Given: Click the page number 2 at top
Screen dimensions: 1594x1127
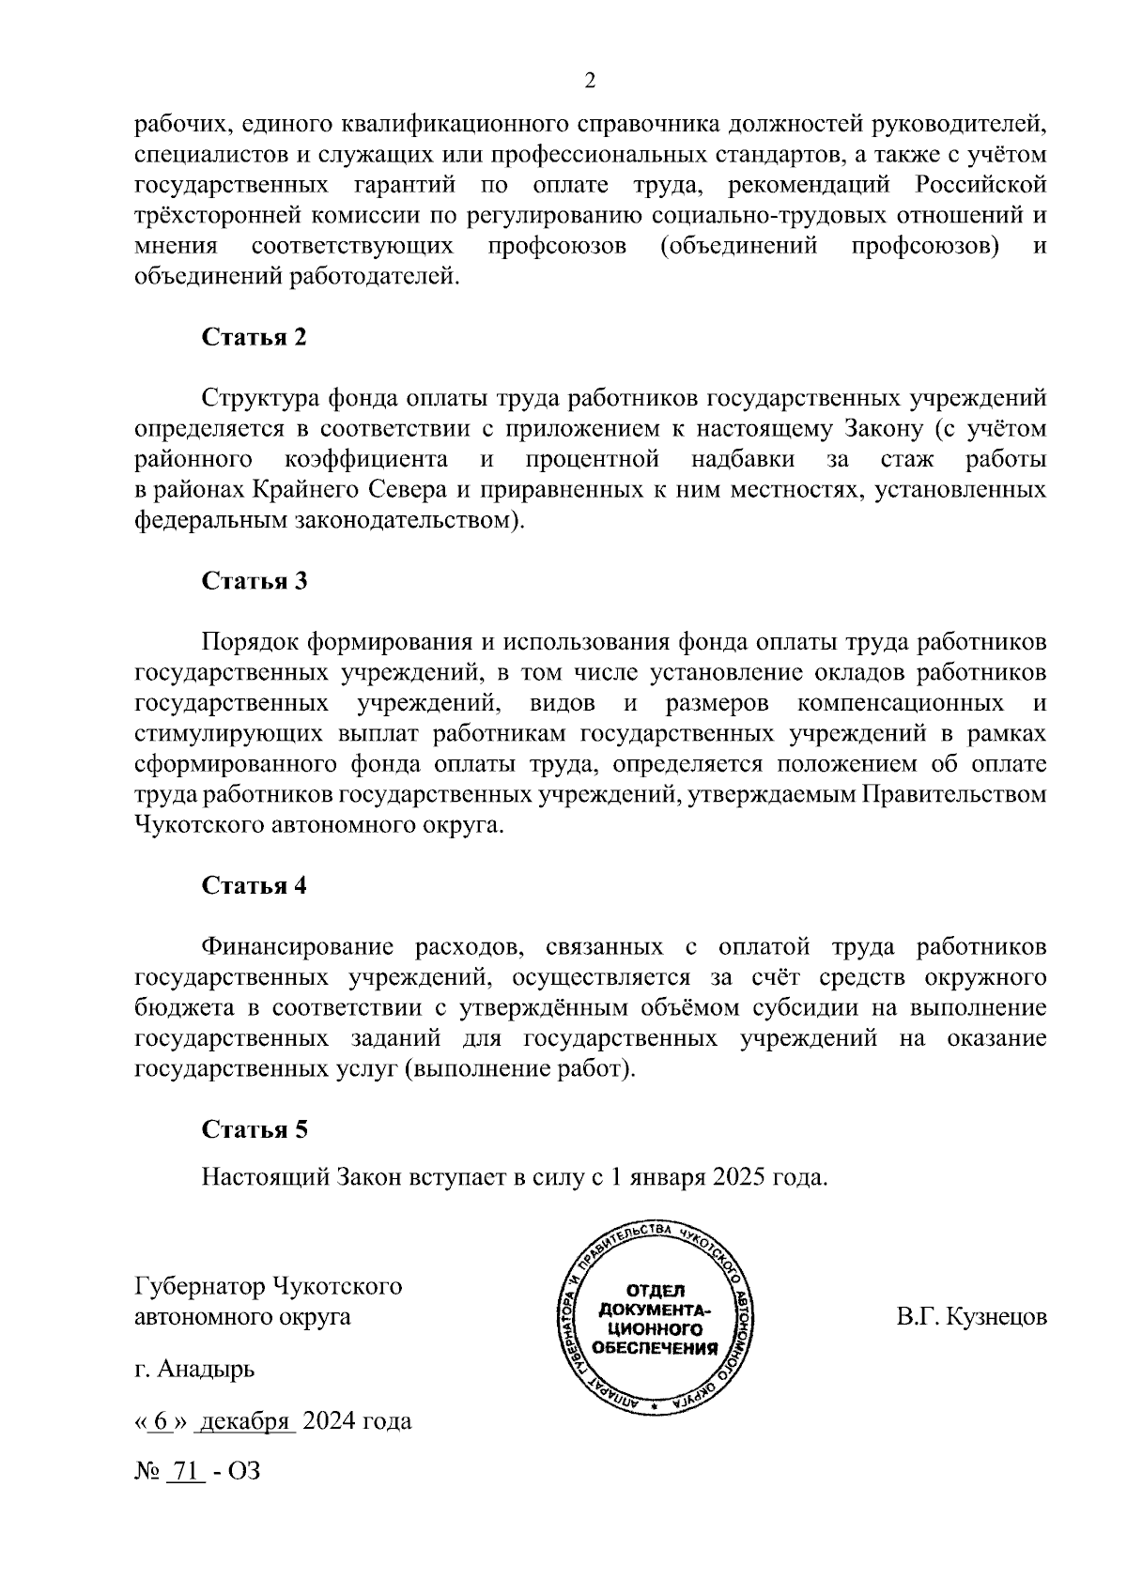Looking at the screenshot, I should click(x=590, y=82).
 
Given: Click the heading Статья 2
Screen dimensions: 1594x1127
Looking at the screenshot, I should click(x=255, y=338).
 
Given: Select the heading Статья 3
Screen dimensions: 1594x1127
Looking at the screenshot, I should click(x=255, y=581).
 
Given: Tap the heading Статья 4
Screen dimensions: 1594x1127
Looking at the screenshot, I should click(x=255, y=886).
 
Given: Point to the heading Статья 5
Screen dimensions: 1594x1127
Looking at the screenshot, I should click(x=255, y=1129).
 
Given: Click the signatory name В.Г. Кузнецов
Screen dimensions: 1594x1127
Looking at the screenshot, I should click(x=971, y=1317).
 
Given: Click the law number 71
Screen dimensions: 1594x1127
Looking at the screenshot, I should click(x=185, y=1471).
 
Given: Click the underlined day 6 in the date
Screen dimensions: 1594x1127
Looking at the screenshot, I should click(x=161, y=1421).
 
